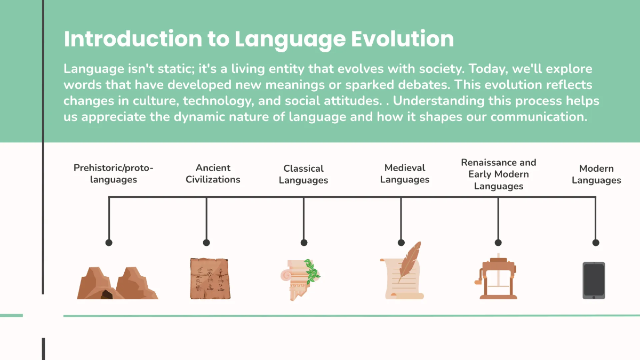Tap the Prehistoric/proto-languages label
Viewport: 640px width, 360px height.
113,174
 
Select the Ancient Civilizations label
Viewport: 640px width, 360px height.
213,174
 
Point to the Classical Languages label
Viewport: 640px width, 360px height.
303,174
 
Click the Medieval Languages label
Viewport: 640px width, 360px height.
404,174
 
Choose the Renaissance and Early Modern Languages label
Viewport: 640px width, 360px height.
498,174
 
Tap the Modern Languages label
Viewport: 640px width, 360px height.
596,174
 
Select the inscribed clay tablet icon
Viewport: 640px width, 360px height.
210,278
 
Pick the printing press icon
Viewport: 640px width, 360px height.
497,277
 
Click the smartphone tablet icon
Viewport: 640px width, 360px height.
594,281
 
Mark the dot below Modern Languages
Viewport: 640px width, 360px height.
596,243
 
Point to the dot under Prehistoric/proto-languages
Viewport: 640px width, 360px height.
109,243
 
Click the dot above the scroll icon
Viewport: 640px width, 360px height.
401,243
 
